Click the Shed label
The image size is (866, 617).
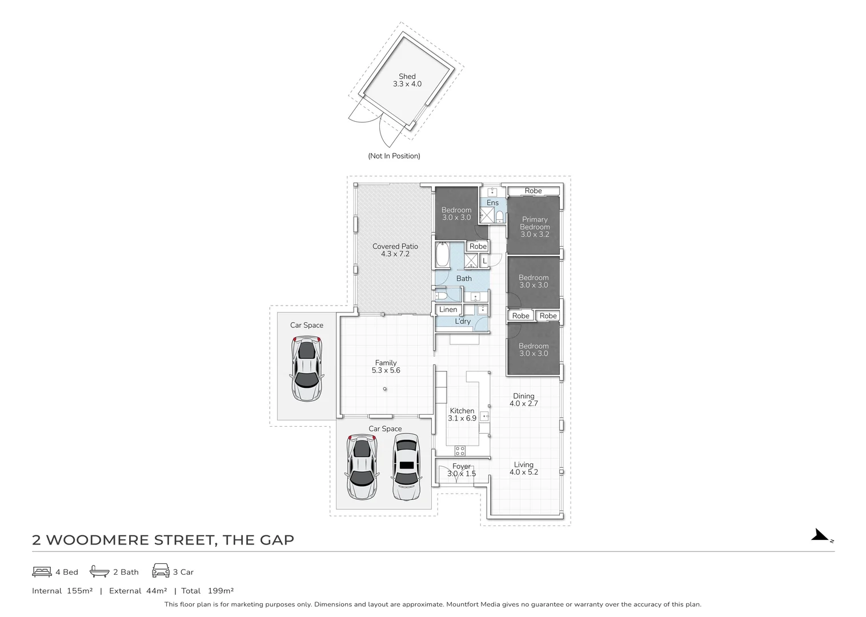(x=407, y=77)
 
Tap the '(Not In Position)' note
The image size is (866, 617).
(x=394, y=156)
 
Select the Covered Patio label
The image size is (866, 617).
(x=395, y=246)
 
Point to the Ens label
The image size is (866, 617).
(x=492, y=203)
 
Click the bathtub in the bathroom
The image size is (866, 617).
(x=443, y=255)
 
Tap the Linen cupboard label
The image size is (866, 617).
(x=448, y=310)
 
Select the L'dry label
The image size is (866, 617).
(x=463, y=322)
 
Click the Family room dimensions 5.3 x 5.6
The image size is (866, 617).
(x=386, y=370)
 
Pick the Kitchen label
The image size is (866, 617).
(x=462, y=411)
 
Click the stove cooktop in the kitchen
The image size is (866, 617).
(x=460, y=451)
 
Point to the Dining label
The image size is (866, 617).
(x=523, y=396)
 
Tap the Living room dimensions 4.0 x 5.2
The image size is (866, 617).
(x=523, y=472)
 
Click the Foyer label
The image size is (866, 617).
(x=461, y=466)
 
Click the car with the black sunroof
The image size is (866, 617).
(x=406, y=467)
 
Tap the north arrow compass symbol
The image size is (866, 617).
(x=821, y=536)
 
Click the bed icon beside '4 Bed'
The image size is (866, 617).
(x=42, y=572)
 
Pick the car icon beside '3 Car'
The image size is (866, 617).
(x=161, y=571)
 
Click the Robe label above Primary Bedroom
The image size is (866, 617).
(x=533, y=191)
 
